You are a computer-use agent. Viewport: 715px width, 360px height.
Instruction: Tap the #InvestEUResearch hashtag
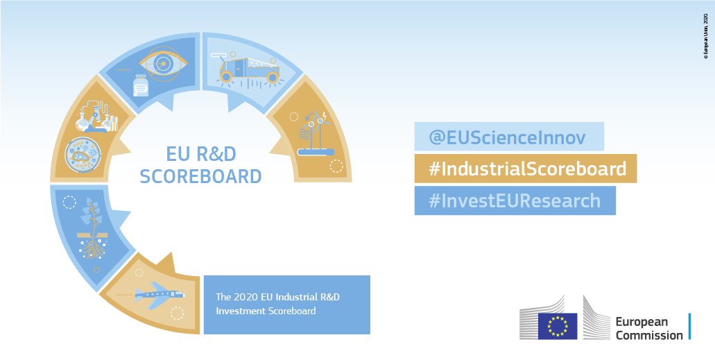(x=515, y=200)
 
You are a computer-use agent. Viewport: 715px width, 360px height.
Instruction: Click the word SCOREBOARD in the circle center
(x=200, y=176)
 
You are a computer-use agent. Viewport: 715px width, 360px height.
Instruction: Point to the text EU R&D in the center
(x=200, y=153)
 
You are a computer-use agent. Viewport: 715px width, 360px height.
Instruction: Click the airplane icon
(x=159, y=295)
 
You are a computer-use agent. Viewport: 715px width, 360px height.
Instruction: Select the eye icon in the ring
(x=164, y=63)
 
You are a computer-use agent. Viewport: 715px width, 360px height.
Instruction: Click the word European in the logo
(x=641, y=322)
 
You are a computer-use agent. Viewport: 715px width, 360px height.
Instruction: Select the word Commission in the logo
(x=648, y=335)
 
